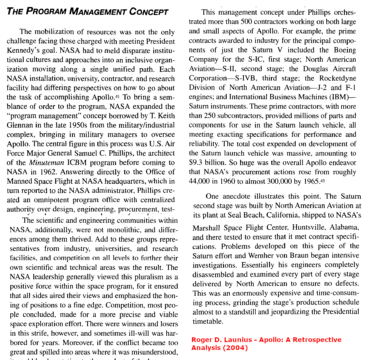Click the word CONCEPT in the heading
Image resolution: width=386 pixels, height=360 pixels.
pyautogui.click(x=149, y=12)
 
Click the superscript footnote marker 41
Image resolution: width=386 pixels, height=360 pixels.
pyautogui.click(x=117, y=97)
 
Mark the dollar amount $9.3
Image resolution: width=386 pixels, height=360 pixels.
pyautogui.click(x=196, y=163)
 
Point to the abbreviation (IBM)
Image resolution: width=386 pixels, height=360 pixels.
pyautogui.click(x=338, y=97)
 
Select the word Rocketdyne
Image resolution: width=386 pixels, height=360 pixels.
pyautogui.click(x=338, y=78)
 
